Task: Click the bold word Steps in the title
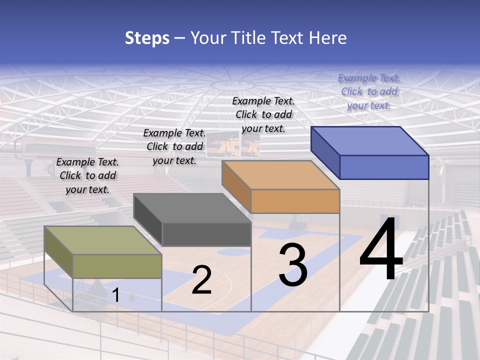[147, 38]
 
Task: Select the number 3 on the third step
[293, 265]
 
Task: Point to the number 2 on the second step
[201, 280]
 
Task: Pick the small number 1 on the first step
[116, 295]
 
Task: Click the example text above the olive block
[87, 175]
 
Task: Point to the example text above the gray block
[174, 146]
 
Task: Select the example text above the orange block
[263, 114]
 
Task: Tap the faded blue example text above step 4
[369, 91]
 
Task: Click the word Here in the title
[328, 38]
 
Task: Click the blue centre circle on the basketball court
[233, 251]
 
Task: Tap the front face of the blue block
[384, 167]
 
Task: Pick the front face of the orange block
[295, 201]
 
